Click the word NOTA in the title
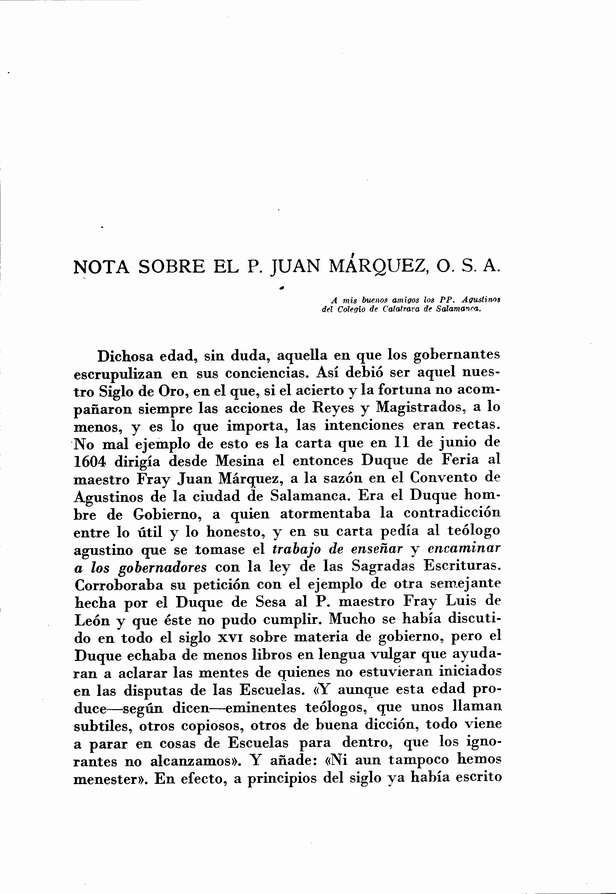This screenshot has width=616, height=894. [104, 268]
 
